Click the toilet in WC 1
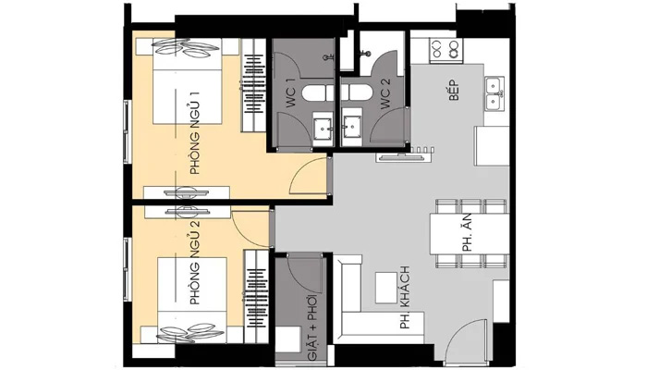click(x=313, y=92)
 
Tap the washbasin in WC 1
click(x=323, y=129)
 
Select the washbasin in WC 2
click(x=352, y=129)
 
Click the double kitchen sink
click(x=494, y=92)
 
